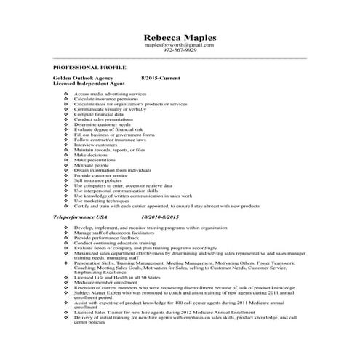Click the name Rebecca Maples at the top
coord(180,37)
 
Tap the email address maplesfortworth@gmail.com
coord(180,45)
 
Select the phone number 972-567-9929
coord(180,50)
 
